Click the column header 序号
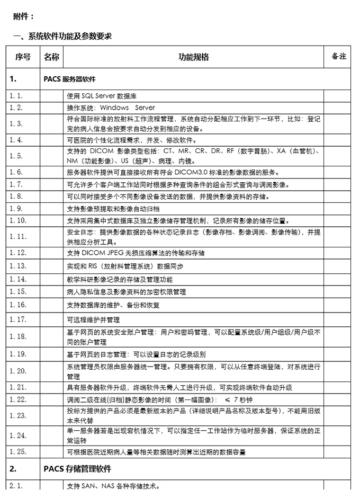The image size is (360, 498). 23,57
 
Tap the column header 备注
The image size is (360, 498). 338,56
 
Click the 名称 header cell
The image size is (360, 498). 51,57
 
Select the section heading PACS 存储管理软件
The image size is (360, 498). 77,469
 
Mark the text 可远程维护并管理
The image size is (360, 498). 93,320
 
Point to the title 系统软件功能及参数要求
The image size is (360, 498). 69,37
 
